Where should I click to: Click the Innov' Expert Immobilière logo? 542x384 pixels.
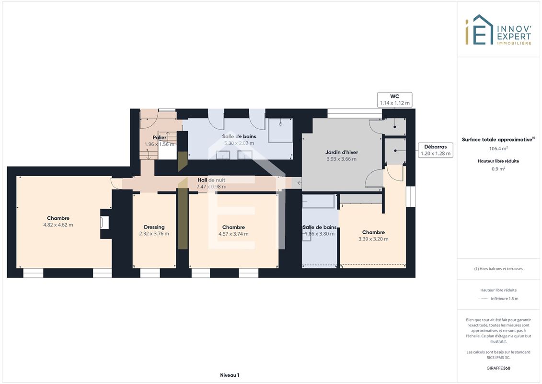[x=498, y=30]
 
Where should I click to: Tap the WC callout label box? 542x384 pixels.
[x=394, y=100]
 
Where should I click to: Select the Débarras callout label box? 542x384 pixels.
[x=436, y=150]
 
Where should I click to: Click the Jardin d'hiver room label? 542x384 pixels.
[x=342, y=152]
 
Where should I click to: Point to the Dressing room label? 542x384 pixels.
[x=154, y=227]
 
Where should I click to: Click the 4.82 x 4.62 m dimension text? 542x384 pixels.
[x=58, y=225]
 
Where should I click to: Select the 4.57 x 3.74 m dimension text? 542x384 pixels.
[x=233, y=234]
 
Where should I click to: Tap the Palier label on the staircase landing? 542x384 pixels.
[x=160, y=137]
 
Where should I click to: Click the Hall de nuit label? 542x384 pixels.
[x=211, y=180]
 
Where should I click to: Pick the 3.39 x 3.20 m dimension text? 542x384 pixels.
[x=373, y=239]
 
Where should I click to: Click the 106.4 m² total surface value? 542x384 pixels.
[x=498, y=148]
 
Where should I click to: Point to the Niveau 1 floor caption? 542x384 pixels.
[x=230, y=375]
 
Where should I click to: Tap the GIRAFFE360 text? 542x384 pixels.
[x=498, y=368]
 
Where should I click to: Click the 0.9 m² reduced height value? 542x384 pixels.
[x=498, y=169]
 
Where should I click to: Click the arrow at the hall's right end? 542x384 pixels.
[x=300, y=183]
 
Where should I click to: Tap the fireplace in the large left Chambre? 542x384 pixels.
[x=104, y=222]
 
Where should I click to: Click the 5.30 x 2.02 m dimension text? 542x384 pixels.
[x=239, y=143]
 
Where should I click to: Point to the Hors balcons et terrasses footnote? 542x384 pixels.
[x=498, y=269]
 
